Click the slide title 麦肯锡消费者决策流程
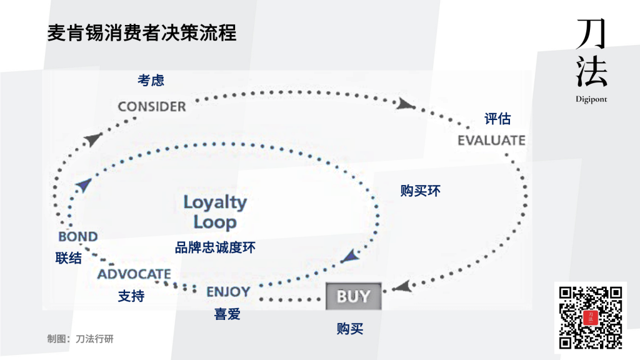pyautogui.click(x=142, y=33)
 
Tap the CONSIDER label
pyautogui.click(x=152, y=106)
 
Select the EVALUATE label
pyautogui.click(x=491, y=139)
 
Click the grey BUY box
pyautogui.click(x=353, y=296)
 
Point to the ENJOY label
pyautogui.click(x=228, y=291)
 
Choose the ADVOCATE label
pyautogui.click(x=134, y=274)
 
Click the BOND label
pyautogui.click(x=77, y=237)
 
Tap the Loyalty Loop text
pyautogui.click(x=215, y=212)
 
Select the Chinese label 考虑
pyautogui.click(x=151, y=80)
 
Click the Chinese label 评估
pyautogui.click(x=498, y=119)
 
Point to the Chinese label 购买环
pyautogui.click(x=421, y=191)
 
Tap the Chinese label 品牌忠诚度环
pyautogui.click(x=215, y=247)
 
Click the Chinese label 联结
pyautogui.click(x=68, y=257)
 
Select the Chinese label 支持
pyautogui.click(x=131, y=296)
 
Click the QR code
pyautogui.click(x=590, y=317)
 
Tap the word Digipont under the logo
pyautogui.click(x=591, y=99)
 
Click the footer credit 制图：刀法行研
pyautogui.click(x=80, y=339)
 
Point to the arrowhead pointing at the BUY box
pyautogui.click(x=402, y=287)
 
